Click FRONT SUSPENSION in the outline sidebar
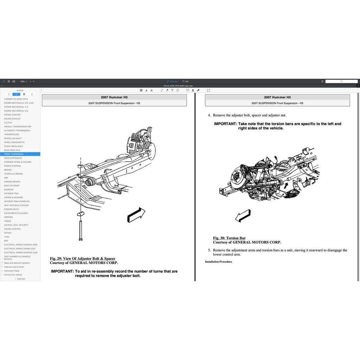click(14, 154)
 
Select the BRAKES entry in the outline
click(8, 170)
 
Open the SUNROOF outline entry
click(9, 189)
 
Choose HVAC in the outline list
click(7, 237)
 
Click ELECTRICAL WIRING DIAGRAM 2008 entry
click(20, 252)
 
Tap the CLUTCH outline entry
click(8, 123)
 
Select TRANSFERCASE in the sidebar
click(12, 134)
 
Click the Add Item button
click(20, 279)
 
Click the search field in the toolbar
click(341, 81)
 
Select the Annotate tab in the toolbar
click(172, 81)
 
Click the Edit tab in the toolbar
click(185, 81)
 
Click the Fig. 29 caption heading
click(83, 259)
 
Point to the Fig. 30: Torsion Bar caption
click(229, 238)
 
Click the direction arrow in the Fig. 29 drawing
click(136, 215)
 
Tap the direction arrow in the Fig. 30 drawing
click(243, 216)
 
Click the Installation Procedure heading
click(218, 262)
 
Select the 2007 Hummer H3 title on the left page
click(114, 97)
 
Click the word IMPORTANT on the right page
click(225, 124)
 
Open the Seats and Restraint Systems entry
click(17, 263)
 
